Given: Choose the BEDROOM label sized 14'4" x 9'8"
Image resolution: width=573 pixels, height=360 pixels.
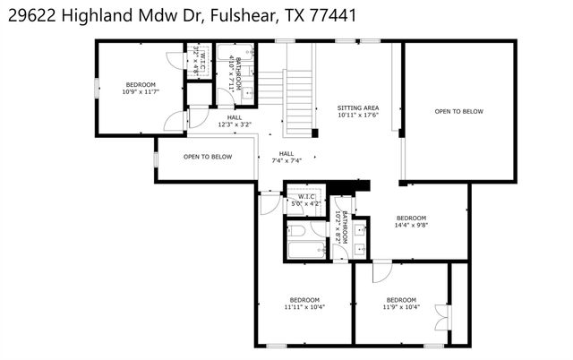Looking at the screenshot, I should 411,218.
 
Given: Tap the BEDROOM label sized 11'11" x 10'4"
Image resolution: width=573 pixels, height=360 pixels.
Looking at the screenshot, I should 304,299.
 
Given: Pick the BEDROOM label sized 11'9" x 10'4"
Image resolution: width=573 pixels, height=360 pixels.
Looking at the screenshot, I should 400,299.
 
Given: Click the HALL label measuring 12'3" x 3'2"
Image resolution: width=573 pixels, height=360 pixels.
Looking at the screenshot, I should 234,117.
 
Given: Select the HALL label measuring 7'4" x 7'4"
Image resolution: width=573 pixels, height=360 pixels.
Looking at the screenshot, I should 287,153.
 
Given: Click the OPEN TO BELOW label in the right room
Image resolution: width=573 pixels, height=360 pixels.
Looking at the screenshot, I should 459,112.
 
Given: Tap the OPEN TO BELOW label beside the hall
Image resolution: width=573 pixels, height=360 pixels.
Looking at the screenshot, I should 208,157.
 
